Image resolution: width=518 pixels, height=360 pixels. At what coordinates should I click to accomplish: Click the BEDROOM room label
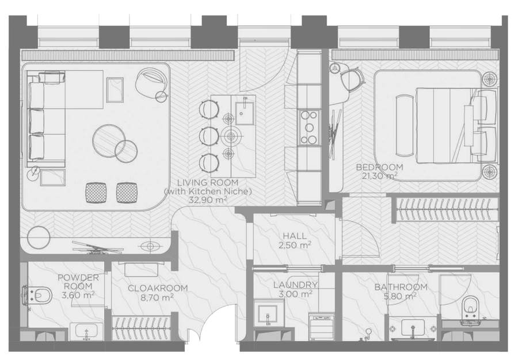coord(380,167)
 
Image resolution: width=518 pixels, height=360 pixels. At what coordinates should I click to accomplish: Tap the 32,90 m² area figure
coord(208,200)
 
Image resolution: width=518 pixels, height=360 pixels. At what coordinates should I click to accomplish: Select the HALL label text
coord(295,236)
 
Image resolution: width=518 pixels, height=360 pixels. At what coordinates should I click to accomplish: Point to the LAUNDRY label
coord(296,285)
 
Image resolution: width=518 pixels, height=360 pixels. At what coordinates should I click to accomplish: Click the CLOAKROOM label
coord(158,288)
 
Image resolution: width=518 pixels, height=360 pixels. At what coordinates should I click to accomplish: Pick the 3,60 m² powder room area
coord(78,294)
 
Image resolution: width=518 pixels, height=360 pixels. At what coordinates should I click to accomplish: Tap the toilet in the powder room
coord(37,294)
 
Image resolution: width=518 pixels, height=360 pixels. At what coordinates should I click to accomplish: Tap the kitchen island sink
coord(244,113)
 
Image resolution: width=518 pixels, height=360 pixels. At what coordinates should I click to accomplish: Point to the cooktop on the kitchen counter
coord(309,127)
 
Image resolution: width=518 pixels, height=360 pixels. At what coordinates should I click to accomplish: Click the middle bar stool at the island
coord(209,135)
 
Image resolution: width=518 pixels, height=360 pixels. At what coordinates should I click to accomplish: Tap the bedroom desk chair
coord(351,79)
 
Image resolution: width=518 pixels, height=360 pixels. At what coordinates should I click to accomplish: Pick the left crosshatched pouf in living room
coord(96,192)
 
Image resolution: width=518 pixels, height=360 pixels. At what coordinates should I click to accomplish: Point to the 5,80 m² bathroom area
coord(400,296)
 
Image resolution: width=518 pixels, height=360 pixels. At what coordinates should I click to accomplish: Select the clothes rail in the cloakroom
coord(142,328)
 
